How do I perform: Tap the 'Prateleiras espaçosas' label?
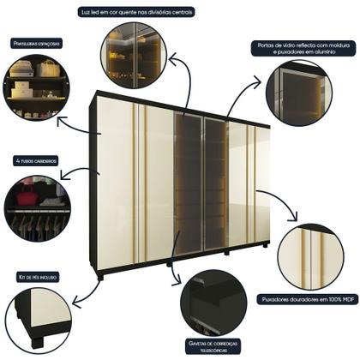point(37,41)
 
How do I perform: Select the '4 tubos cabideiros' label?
point(36,160)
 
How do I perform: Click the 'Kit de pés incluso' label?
point(37,277)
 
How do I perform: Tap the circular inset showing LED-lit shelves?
point(135,57)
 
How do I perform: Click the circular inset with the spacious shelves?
point(38,87)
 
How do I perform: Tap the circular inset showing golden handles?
point(310,256)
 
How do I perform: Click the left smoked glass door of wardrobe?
point(188,184)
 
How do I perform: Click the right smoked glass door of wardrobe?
point(214,184)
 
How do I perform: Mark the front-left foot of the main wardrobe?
point(101,277)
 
